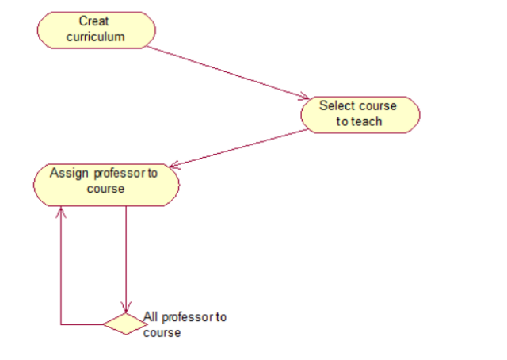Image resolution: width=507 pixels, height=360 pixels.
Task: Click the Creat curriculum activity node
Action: point(96,29)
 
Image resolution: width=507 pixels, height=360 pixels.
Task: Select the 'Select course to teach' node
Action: point(360,114)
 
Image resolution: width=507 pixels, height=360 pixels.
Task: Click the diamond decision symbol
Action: point(125,324)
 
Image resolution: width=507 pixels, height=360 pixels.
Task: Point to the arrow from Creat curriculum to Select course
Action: point(226,72)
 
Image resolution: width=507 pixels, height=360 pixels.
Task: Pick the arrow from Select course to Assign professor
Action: point(238,148)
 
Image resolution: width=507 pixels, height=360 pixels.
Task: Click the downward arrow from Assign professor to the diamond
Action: point(126,254)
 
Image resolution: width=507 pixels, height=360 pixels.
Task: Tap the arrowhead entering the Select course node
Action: point(303,98)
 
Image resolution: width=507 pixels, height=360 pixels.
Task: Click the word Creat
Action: point(94,21)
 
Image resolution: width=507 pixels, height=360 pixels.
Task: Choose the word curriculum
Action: point(96,36)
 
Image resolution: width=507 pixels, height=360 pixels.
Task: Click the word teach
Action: point(367,121)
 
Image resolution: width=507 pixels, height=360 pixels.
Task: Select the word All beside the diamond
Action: point(151,317)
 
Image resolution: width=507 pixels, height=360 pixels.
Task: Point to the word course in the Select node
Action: point(377,106)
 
